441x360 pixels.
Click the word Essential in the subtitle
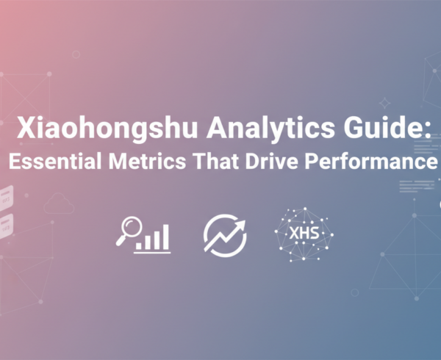pyautogui.click(x=55, y=162)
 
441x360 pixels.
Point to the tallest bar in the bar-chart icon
pyautogui.click(x=166, y=237)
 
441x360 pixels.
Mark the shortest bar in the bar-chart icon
pyautogui.click(x=137, y=245)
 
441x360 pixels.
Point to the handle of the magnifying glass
pyautogui.click(x=120, y=241)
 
